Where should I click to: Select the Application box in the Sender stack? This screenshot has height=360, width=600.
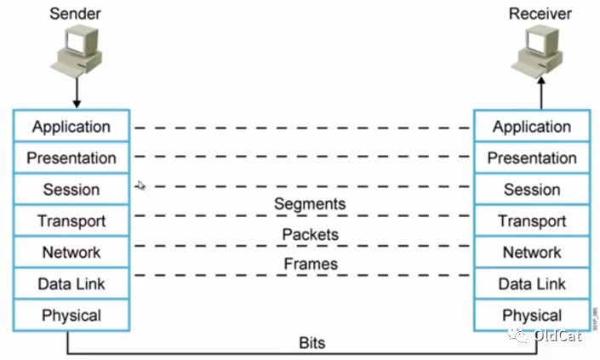pos(71,127)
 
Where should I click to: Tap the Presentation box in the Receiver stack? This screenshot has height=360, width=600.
pos(532,158)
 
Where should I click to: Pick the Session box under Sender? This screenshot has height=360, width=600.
pos(71,190)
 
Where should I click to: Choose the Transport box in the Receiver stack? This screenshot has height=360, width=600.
pos(532,221)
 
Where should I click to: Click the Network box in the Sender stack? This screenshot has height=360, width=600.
pos(71,253)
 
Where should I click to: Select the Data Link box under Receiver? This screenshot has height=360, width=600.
pos(532,284)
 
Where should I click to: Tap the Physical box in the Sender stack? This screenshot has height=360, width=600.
pos(71,315)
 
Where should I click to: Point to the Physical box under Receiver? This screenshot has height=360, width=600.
pos(532,315)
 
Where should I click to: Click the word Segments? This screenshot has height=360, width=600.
pos(310,204)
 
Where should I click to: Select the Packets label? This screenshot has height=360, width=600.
pos(310,234)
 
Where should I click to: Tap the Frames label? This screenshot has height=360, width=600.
pos(310,265)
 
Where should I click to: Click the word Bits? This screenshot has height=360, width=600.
pos(311,343)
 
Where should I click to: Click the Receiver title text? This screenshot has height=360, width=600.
pos(540,13)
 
